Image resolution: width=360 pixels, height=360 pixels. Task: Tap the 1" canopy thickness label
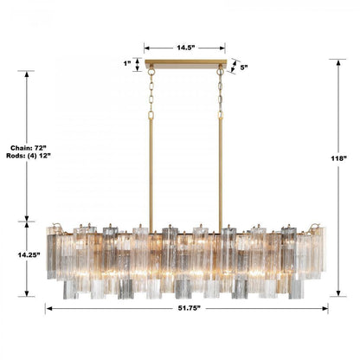126,64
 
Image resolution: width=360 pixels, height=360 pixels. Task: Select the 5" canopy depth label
243,67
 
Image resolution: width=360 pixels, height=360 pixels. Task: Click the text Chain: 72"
24,148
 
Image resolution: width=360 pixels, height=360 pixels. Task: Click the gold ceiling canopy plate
184,65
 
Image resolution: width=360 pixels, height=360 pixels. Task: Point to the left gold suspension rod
151,164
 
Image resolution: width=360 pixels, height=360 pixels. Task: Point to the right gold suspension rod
220,164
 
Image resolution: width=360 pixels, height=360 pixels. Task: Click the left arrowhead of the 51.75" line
48,307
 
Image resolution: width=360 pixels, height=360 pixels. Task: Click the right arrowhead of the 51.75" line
325,307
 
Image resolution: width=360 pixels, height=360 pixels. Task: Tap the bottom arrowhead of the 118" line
337,294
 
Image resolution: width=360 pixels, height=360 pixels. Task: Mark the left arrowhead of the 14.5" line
146,49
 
